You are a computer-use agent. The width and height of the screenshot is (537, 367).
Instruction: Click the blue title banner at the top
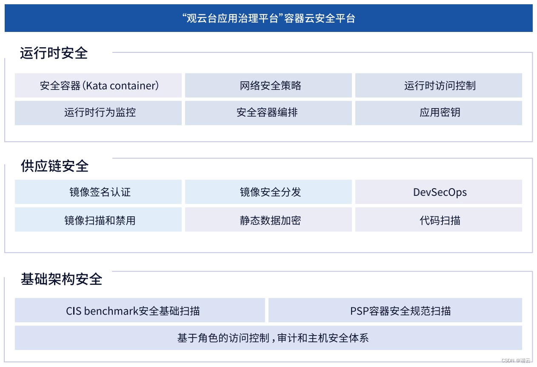268,18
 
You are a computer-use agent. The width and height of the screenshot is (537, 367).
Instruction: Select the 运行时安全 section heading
54,53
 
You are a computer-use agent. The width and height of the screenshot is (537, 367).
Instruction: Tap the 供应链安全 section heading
55,166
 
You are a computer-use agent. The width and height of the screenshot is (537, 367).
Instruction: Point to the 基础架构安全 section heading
62,279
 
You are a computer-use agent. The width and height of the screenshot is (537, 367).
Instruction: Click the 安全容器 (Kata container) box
98,86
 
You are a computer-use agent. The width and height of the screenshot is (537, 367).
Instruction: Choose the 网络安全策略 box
268,86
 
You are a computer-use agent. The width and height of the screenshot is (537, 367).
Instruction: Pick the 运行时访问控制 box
439,86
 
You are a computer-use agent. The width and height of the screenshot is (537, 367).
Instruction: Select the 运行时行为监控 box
98,113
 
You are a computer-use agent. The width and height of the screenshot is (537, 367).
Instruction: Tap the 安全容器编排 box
268,113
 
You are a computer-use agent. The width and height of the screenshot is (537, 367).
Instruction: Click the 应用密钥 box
439,113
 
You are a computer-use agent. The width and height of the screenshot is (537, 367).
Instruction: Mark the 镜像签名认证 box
98,192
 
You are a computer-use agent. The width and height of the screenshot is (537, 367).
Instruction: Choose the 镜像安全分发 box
268,192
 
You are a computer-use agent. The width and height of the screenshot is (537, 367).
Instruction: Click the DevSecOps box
439,192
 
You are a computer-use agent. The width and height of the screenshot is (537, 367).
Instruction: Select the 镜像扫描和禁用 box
98,220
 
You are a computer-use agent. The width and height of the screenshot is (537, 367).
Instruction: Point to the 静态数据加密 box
268,220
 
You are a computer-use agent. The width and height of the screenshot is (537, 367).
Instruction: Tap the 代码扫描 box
439,220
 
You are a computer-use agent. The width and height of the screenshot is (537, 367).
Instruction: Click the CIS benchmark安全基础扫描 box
140,310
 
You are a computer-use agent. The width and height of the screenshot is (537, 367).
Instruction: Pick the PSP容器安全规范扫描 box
395,310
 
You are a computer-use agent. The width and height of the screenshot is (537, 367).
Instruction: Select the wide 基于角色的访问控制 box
268,338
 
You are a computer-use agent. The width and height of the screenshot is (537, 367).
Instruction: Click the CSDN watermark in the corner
516,361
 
